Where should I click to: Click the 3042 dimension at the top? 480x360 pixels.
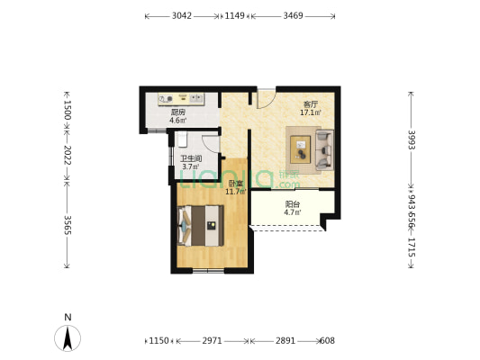point(182,15)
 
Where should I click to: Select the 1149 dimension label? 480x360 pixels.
point(235,15)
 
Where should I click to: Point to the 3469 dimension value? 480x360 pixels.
point(293,15)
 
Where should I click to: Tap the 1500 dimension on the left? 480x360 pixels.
point(68,110)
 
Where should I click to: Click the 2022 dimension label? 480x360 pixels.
point(68,155)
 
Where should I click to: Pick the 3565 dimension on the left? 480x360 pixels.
point(68,225)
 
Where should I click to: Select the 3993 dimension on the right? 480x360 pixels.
point(412,139)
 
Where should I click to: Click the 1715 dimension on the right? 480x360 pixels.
point(412,247)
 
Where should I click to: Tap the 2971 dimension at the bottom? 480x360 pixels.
point(212,340)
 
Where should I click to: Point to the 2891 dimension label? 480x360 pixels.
point(285,340)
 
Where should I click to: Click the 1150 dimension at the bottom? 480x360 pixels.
point(158,340)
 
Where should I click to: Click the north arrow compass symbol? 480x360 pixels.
point(68,338)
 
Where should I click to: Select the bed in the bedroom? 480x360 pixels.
point(201,226)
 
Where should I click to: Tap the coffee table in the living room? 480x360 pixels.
point(300,149)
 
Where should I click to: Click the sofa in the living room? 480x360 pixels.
point(324,150)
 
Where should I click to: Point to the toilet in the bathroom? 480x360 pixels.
point(182,139)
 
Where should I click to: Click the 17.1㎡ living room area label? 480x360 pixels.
point(311,112)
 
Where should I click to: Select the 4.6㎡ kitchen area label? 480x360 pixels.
point(178,120)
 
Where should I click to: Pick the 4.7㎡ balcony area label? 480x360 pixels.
point(293,212)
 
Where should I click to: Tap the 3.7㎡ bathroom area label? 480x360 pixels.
point(191,166)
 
